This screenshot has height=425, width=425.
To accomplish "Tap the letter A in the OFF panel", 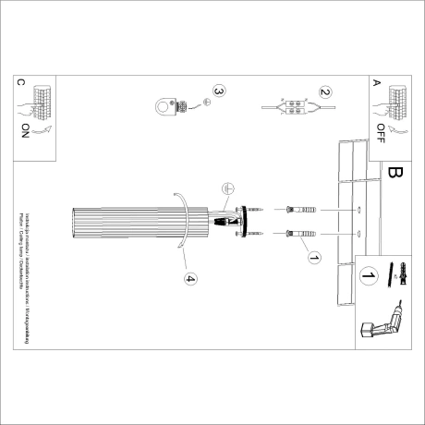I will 376,82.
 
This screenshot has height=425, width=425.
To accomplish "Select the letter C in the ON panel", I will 20,82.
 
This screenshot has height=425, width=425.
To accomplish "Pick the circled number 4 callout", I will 190,278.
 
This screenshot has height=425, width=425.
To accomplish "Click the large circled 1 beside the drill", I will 369,275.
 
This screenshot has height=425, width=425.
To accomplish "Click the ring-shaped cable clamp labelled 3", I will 168,109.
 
